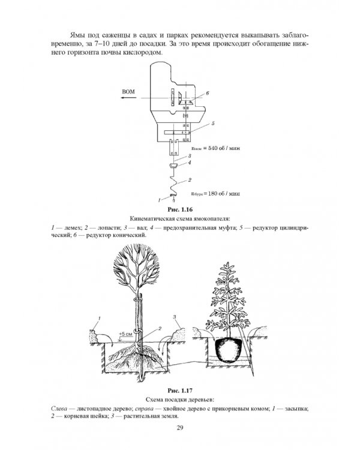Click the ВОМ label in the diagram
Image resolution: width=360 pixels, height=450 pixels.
point(128,92)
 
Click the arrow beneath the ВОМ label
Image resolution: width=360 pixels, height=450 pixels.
point(128,98)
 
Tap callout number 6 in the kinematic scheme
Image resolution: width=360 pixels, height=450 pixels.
point(207,93)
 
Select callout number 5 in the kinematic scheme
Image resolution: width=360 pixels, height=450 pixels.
point(213,124)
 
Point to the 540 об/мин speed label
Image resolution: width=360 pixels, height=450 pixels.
point(215,148)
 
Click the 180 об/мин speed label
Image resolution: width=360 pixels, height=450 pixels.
point(215,193)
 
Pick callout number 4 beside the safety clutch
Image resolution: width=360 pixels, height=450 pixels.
point(190,163)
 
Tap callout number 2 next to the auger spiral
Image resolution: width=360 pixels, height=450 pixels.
point(190,180)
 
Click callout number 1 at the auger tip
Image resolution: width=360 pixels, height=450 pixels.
point(160,199)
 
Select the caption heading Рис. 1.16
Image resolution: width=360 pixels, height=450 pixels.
point(180,209)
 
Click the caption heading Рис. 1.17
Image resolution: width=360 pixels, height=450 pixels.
point(180,391)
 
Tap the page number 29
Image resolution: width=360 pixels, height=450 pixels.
point(180,428)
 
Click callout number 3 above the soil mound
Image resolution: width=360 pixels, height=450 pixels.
point(175,317)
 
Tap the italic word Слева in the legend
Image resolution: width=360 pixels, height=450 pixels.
point(59,409)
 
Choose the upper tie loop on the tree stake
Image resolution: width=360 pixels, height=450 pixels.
point(137,299)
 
